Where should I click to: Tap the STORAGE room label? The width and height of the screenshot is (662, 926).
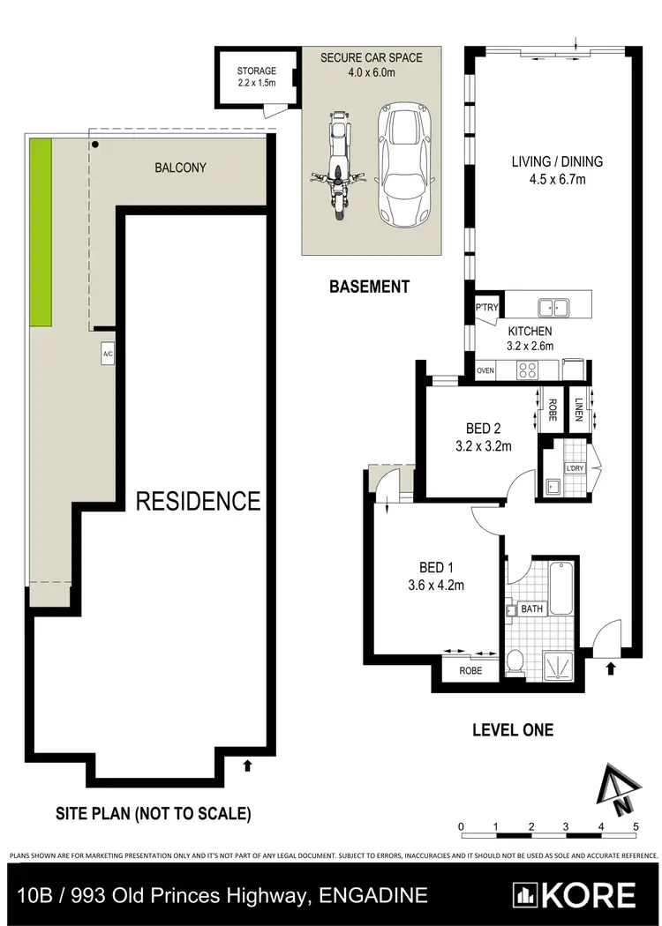pos(257,71)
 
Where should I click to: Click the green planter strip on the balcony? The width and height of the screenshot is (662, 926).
pos(40,233)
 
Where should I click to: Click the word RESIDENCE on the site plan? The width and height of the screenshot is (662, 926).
pos(198,502)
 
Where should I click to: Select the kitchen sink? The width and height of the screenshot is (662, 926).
pos(553,307)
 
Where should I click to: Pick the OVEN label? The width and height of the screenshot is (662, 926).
pos(485,371)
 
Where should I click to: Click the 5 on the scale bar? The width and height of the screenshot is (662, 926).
pos(636,825)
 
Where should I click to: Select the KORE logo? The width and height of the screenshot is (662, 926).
pos(576,894)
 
